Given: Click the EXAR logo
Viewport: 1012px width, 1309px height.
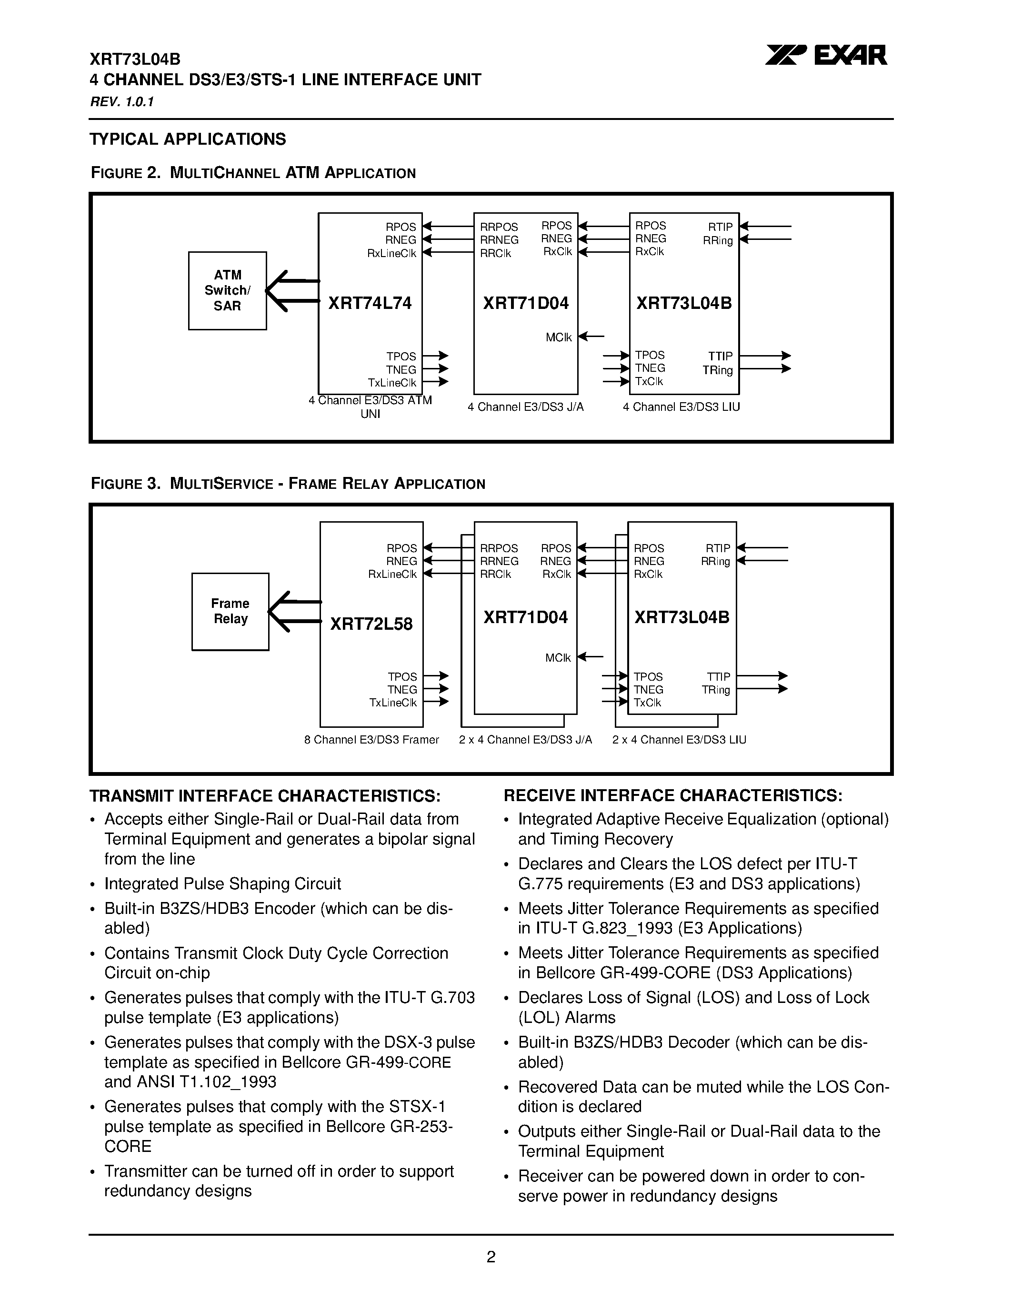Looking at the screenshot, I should click(x=826, y=56).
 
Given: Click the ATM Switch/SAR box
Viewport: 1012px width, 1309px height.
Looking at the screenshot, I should click(x=227, y=291).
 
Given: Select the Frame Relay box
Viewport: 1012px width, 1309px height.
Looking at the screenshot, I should click(x=230, y=611).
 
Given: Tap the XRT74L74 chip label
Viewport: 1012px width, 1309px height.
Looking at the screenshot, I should click(x=370, y=303).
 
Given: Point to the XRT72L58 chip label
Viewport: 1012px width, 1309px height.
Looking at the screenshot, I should click(x=371, y=625).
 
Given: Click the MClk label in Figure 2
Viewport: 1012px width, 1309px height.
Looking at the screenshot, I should click(x=559, y=337).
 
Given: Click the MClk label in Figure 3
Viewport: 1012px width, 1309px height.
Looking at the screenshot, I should click(x=558, y=658).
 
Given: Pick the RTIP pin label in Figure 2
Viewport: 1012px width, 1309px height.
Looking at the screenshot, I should click(x=720, y=227).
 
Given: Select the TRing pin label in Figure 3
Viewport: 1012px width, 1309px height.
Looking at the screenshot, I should click(x=716, y=690).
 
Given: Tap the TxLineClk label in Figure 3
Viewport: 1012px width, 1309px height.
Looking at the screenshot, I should click(x=393, y=703).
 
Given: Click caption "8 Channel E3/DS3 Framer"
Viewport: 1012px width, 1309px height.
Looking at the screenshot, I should click(x=372, y=740).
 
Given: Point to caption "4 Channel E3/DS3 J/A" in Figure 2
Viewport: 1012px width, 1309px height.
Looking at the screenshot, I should click(x=525, y=407).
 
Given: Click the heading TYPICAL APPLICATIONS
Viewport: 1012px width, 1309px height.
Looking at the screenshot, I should click(x=188, y=139).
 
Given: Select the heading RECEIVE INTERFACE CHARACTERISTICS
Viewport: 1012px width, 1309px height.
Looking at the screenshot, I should click(x=672, y=796).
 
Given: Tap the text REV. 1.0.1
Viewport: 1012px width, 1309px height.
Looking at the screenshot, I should click(x=122, y=102).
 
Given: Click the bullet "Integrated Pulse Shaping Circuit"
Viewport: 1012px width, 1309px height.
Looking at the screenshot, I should click(x=222, y=884).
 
